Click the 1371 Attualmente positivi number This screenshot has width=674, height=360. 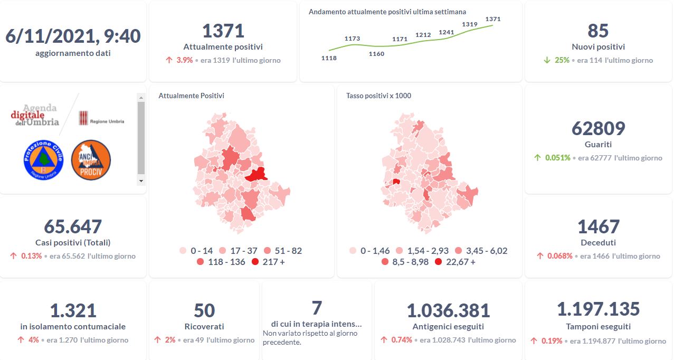223,31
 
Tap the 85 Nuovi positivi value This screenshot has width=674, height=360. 598,31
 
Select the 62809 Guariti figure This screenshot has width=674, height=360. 598,128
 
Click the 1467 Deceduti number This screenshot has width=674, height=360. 598,226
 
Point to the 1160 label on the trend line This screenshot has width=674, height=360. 376,54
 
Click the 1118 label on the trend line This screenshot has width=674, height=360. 329,58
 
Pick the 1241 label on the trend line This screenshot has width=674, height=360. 446,32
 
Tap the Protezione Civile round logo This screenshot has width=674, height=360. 43,159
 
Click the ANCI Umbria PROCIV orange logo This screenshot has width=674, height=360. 91,160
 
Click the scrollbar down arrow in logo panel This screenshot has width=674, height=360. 141,181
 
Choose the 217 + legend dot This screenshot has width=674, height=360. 255,262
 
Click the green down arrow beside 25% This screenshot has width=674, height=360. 547,60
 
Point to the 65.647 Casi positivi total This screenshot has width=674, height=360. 73,226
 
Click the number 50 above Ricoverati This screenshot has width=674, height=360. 204,310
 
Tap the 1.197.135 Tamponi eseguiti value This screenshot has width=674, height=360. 598,309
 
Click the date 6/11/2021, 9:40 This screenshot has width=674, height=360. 73,36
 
